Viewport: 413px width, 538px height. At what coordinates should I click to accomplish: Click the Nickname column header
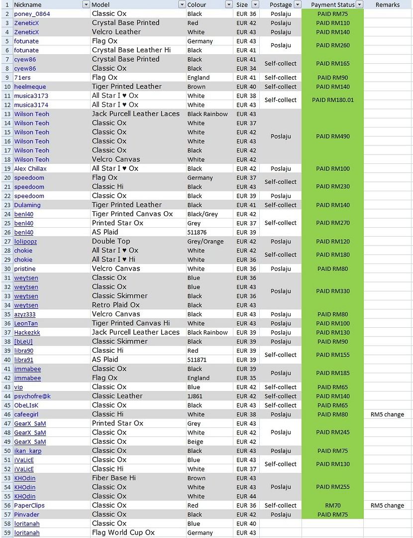(x=28, y=4)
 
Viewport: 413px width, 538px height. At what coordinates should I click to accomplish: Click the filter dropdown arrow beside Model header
(x=182, y=4)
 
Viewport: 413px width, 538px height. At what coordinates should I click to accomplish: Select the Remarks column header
(x=387, y=4)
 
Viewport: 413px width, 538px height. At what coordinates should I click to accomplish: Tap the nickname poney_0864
(x=32, y=14)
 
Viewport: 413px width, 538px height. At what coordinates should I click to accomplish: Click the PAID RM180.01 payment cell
(x=332, y=100)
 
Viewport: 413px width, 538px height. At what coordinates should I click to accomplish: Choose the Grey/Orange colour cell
(x=206, y=242)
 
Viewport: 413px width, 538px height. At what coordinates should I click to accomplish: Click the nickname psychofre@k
(x=32, y=396)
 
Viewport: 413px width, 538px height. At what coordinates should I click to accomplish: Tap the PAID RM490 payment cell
(x=332, y=136)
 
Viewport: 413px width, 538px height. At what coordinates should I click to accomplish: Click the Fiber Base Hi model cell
(x=114, y=478)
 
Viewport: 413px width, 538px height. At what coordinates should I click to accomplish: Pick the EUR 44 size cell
(x=246, y=496)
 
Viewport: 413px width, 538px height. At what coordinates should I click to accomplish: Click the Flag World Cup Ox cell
(x=123, y=533)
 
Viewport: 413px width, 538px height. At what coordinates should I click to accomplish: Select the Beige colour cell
(x=195, y=442)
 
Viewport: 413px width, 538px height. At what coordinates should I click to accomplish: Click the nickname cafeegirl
(x=26, y=414)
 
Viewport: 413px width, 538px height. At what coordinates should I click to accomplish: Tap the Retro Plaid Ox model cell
(x=116, y=305)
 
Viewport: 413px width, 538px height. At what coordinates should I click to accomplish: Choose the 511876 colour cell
(x=199, y=232)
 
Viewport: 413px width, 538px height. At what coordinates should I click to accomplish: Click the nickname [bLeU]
(x=23, y=342)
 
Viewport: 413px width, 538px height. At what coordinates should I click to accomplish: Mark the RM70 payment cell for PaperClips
(x=332, y=505)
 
